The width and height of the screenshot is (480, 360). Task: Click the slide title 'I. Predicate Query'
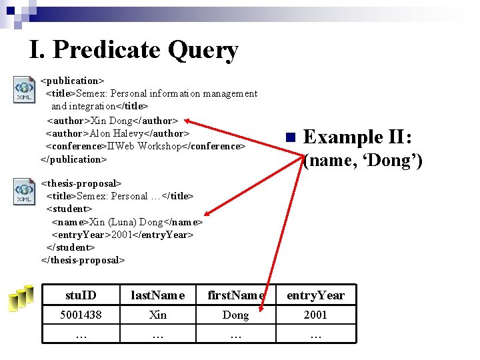click(x=133, y=50)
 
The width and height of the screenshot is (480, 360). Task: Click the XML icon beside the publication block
click(x=25, y=90)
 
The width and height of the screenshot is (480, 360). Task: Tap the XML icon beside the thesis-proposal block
click(x=25, y=191)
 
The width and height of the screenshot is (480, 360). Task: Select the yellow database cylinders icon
click(x=21, y=298)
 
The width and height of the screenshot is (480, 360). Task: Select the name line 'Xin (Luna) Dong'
click(x=127, y=222)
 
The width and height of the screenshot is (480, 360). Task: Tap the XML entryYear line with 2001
click(x=123, y=235)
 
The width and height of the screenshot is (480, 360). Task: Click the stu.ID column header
click(x=81, y=295)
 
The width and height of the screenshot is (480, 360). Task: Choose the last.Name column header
click(x=158, y=295)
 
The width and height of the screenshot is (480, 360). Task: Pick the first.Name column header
click(x=235, y=295)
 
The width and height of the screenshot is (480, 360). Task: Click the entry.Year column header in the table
click(x=315, y=295)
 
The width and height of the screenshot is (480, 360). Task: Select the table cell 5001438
click(x=81, y=315)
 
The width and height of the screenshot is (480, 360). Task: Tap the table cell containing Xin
click(x=158, y=315)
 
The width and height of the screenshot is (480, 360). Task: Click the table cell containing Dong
click(x=235, y=315)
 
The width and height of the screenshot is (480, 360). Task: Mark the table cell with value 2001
click(x=315, y=315)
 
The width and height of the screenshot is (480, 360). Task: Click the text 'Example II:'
click(x=358, y=137)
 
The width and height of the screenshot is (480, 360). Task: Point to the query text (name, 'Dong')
click(x=363, y=161)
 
